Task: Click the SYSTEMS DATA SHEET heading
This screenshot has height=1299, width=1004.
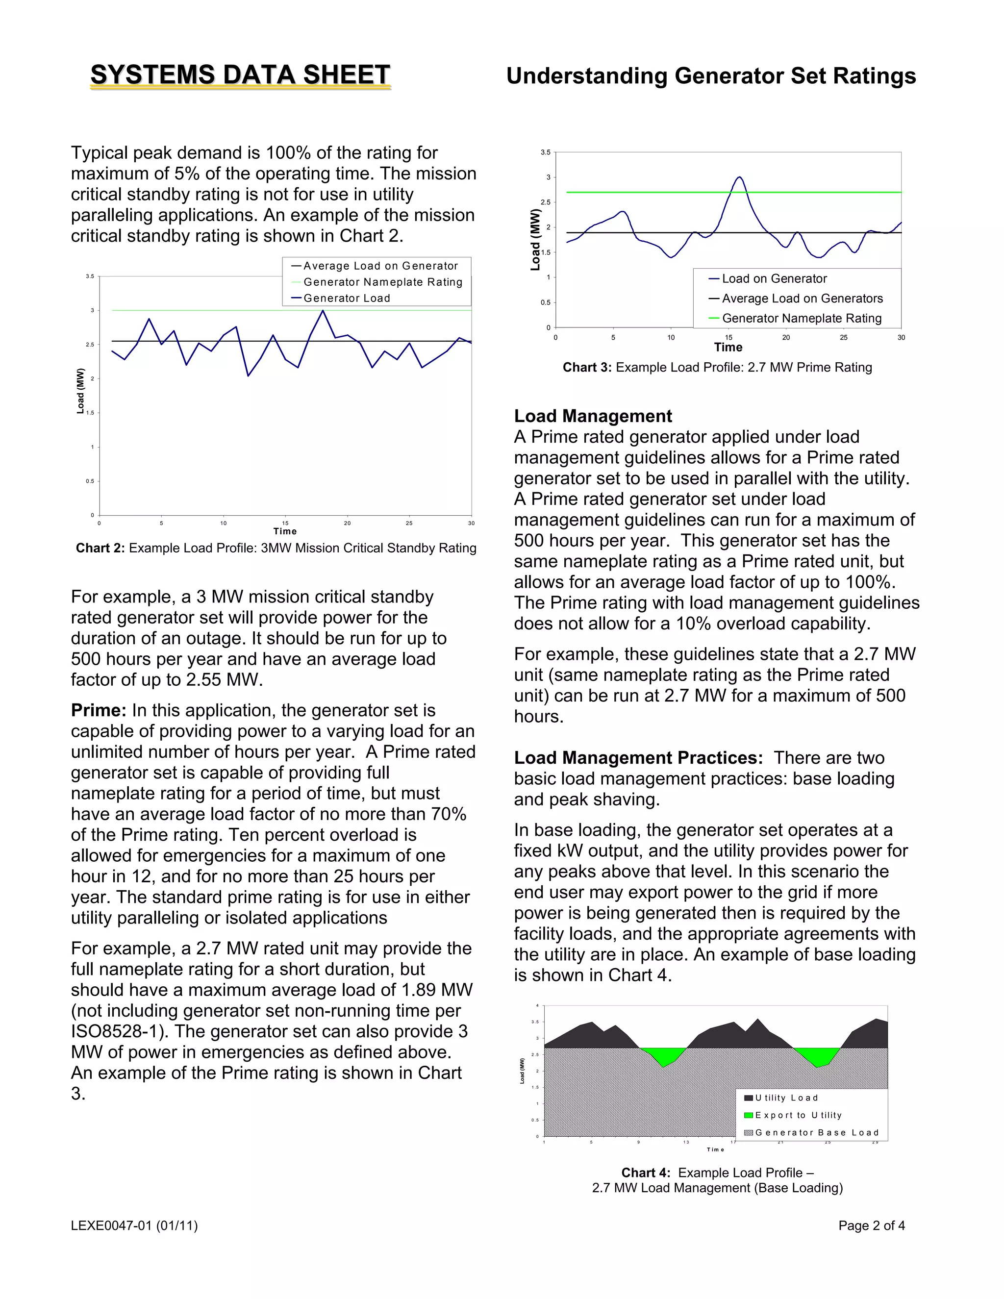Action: [x=240, y=75]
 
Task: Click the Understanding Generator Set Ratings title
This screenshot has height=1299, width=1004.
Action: [x=711, y=76]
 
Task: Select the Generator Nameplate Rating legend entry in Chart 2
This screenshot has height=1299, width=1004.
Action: [x=382, y=282]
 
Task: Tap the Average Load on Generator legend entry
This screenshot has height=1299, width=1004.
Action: [x=380, y=266]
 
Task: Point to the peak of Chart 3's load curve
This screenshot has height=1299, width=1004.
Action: [x=739, y=177]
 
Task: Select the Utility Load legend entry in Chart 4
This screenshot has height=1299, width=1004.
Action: [x=786, y=1098]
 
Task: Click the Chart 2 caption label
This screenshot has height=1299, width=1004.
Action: [x=100, y=548]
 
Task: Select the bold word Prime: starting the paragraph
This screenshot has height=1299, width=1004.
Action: [x=99, y=710]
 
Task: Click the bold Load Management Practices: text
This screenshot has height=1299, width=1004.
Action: [x=638, y=758]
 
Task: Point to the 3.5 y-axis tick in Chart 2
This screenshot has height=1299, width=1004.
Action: [x=90, y=276]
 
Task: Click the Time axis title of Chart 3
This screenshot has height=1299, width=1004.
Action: [x=728, y=348]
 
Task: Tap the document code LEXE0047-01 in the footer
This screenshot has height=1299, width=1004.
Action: [x=112, y=1225]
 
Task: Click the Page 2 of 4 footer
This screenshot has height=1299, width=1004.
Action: [x=871, y=1225]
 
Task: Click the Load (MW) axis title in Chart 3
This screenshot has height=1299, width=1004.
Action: [x=536, y=240]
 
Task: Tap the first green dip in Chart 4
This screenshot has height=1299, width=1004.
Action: [x=663, y=1057]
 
